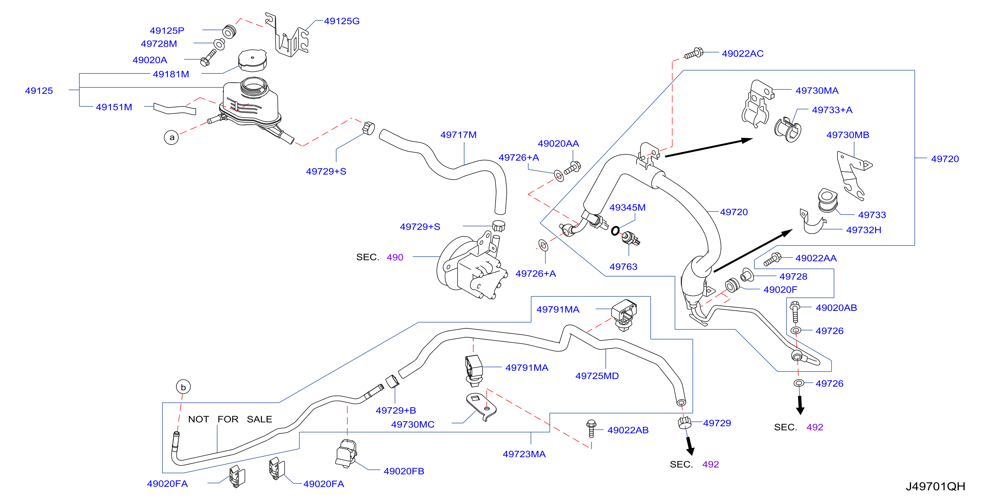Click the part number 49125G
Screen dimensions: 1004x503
(x=342, y=21)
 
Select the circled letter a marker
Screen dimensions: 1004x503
(x=172, y=137)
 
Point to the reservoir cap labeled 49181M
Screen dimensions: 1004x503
(x=253, y=60)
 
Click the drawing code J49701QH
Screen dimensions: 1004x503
(x=935, y=486)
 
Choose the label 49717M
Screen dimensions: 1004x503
(x=458, y=135)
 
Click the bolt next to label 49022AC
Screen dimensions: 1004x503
(x=694, y=53)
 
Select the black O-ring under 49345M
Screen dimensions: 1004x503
(x=615, y=231)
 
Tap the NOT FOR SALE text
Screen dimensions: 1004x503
(x=230, y=419)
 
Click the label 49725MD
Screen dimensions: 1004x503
(x=597, y=376)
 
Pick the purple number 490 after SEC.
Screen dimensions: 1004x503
(x=395, y=257)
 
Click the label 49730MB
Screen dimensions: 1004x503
(x=848, y=135)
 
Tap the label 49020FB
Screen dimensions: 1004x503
(x=404, y=471)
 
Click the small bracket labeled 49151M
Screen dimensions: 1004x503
(x=175, y=109)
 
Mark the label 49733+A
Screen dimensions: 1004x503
(x=832, y=110)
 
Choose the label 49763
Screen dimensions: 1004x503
(x=623, y=267)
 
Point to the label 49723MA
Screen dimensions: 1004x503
(x=524, y=454)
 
